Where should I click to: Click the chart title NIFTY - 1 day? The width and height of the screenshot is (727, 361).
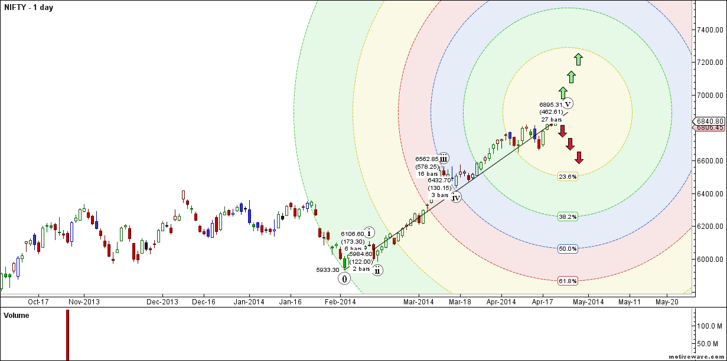pos(28,8)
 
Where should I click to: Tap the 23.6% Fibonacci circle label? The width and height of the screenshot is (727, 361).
pos(568,176)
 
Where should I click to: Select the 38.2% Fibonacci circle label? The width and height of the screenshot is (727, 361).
pos(568,216)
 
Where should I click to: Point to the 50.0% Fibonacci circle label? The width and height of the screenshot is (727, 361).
pos(568,249)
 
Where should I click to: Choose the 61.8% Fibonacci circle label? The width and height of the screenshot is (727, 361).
pos(568,281)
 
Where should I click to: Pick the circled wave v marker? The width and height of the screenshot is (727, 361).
pos(568,104)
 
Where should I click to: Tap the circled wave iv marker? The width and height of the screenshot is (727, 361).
pos(456,198)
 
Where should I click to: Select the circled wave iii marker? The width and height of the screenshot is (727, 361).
pos(444,157)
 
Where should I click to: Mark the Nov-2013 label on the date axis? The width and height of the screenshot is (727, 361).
pos(84,302)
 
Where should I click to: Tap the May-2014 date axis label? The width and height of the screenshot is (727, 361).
pos(589,302)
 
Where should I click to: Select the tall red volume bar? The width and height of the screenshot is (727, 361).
pos(67,334)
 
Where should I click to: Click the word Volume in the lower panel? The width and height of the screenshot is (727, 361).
pos(17,316)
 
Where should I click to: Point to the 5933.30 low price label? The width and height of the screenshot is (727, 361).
pos(328,270)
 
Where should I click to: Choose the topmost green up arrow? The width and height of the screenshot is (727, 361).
pos(578,59)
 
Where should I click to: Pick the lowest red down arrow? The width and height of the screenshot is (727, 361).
pos(579,157)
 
